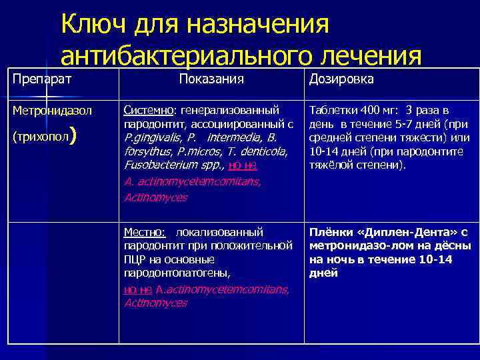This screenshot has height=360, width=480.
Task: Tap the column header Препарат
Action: pyautogui.click(x=41, y=79)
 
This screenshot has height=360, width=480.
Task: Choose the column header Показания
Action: pyautogui.click(x=211, y=79)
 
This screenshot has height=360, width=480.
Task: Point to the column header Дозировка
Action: pyautogui.click(x=341, y=79)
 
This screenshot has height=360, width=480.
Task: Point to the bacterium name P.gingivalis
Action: pyautogui.click(x=153, y=137)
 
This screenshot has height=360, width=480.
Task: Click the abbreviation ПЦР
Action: pyautogui.click(x=135, y=259)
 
